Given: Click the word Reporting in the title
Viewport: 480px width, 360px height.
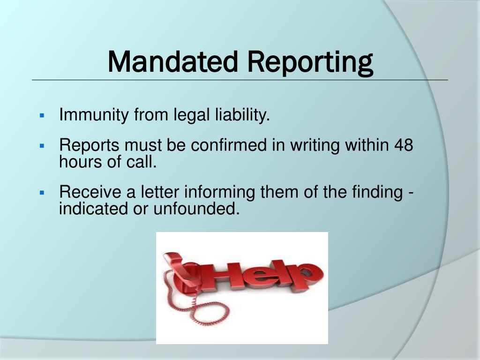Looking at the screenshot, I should click(x=310, y=63).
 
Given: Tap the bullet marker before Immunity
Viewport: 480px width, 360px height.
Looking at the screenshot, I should click(x=42, y=115).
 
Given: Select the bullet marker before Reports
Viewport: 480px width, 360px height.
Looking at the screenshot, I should click(x=42, y=146).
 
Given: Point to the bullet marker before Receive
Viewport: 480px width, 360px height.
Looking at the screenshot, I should click(x=42, y=192).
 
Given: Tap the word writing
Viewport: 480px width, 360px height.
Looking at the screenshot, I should click(x=315, y=146).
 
